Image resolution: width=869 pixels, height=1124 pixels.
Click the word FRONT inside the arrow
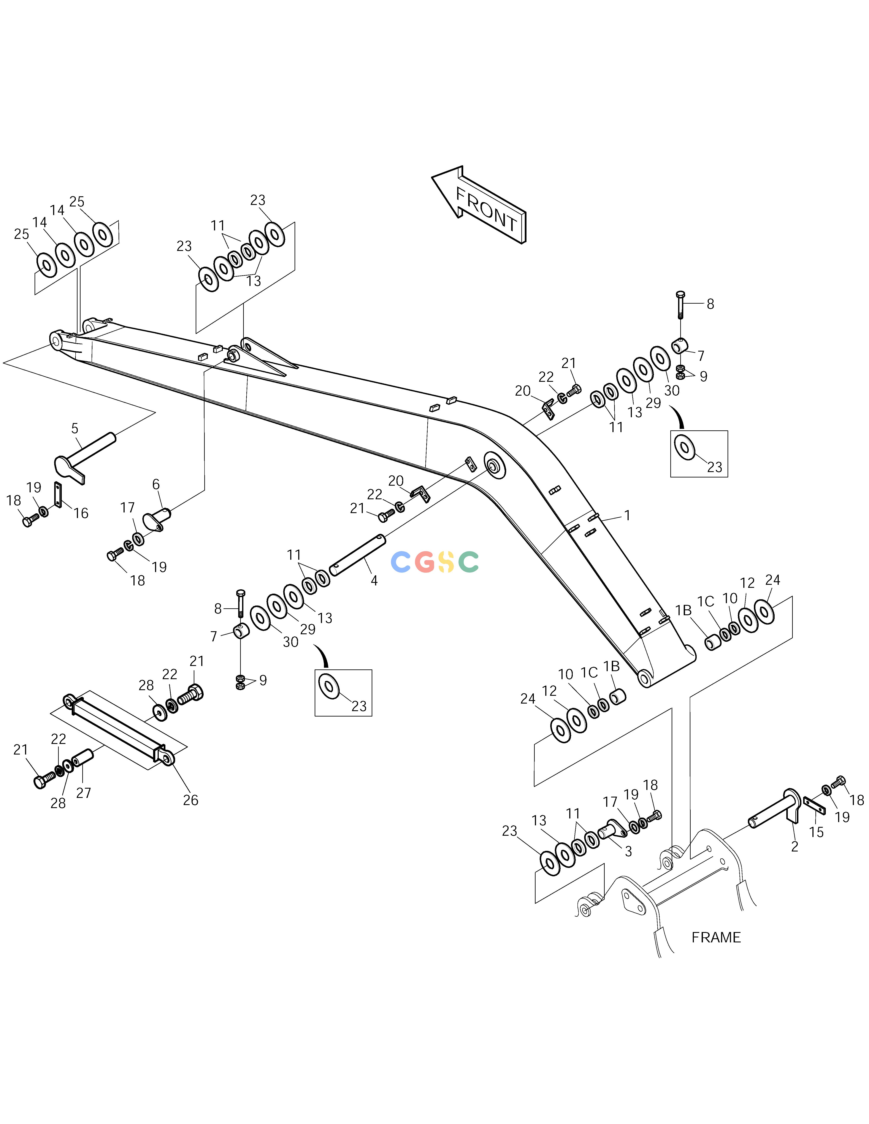tap(487, 209)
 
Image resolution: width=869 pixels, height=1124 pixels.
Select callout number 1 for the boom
tap(627, 515)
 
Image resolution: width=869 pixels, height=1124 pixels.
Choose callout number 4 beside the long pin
tap(374, 580)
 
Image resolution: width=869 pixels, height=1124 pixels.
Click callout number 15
tap(817, 832)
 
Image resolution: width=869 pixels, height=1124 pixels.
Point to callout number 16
tap(81, 513)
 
